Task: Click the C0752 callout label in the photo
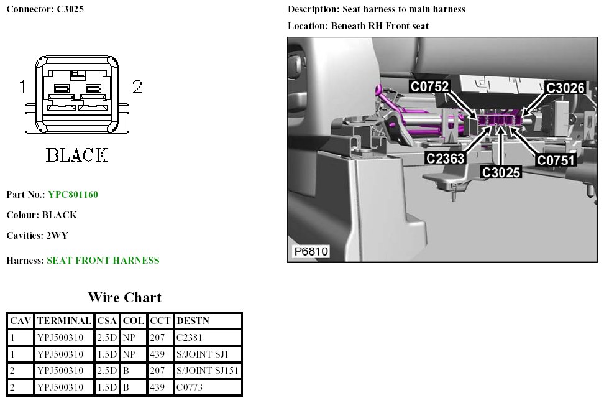tap(430, 86)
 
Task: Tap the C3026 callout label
tap(565, 88)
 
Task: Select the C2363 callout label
tap(446, 159)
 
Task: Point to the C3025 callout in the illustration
tap(501, 172)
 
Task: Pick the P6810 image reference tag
tap(311, 251)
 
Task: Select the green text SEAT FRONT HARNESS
tap(103, 261)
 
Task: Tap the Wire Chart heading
tap(124, 297)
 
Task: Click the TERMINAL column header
tap(65, 321)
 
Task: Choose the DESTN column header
tap(193, 321)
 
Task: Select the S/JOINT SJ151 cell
tap(208, 371)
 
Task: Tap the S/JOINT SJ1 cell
tap(203, 354)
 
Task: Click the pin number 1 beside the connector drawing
tap(22, 87)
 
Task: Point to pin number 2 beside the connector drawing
tap(137, 87)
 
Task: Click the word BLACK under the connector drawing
tap(77, 155)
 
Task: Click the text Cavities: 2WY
tap(37, 236)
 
